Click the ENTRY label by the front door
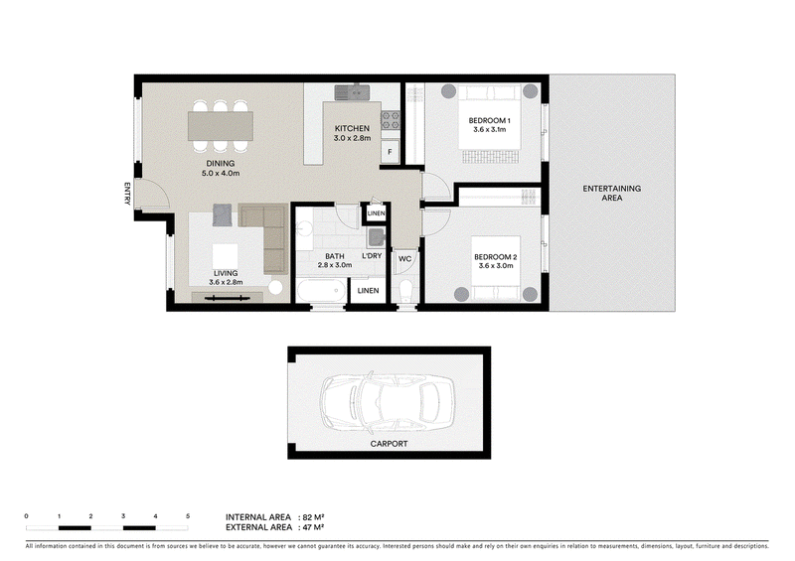pos(127,194)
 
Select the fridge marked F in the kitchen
pos(390,152)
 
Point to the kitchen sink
pos(352,92)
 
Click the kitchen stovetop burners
pos(391,120)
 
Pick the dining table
pos(221,126)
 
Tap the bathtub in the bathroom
pos(321,291)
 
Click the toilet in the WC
pos(405,291)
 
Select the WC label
pos(404,259)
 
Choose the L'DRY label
pos(372,256)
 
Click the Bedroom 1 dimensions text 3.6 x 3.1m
pos(489,130)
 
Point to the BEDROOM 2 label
pos(495,257)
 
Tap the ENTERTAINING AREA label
pos(611,193)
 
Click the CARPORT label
pos(389,444)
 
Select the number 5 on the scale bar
pos(188,516)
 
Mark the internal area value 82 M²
pos(313,517)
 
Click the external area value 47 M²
pos(313,527)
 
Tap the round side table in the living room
pos(275,287)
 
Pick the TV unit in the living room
pos(228,298)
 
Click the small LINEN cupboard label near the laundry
pos(376,213)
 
